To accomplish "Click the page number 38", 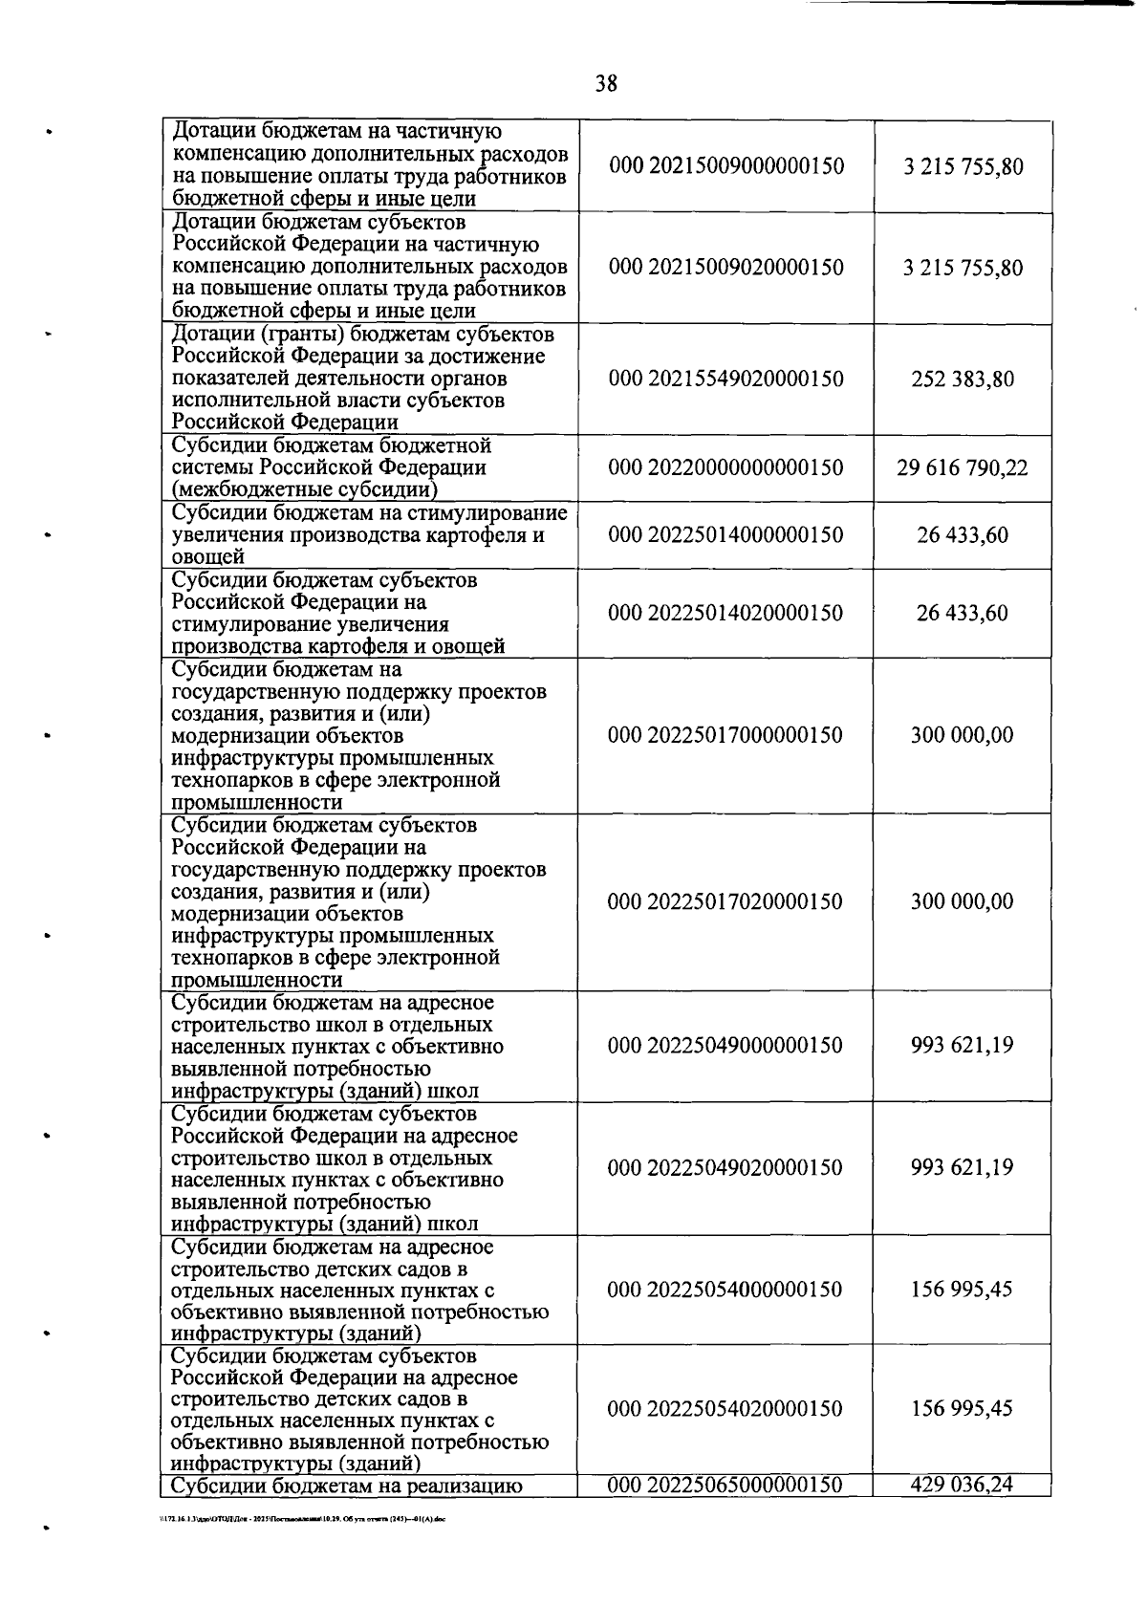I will point(606,84).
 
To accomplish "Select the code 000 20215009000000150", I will point(726,166).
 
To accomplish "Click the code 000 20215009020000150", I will point(726,267).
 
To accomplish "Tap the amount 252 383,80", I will point(963,379).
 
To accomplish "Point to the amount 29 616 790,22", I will point(963,467).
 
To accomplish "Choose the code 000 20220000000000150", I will point(726,467).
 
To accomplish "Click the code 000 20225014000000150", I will point(726,534).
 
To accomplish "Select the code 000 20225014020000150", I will point(726,613).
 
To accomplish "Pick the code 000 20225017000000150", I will point(726,735).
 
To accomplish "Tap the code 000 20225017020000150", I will point(726,901).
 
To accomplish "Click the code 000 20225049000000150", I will point(726,1045).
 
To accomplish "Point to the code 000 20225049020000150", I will point(726,1167).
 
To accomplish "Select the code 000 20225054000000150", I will point(726,1289).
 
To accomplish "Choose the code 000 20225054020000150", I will point(726,1408).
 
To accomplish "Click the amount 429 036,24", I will point(963,1485).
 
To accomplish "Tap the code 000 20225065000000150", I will point(726,1485).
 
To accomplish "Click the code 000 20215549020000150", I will point(726,379).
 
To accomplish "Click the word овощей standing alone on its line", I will point(208,557).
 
